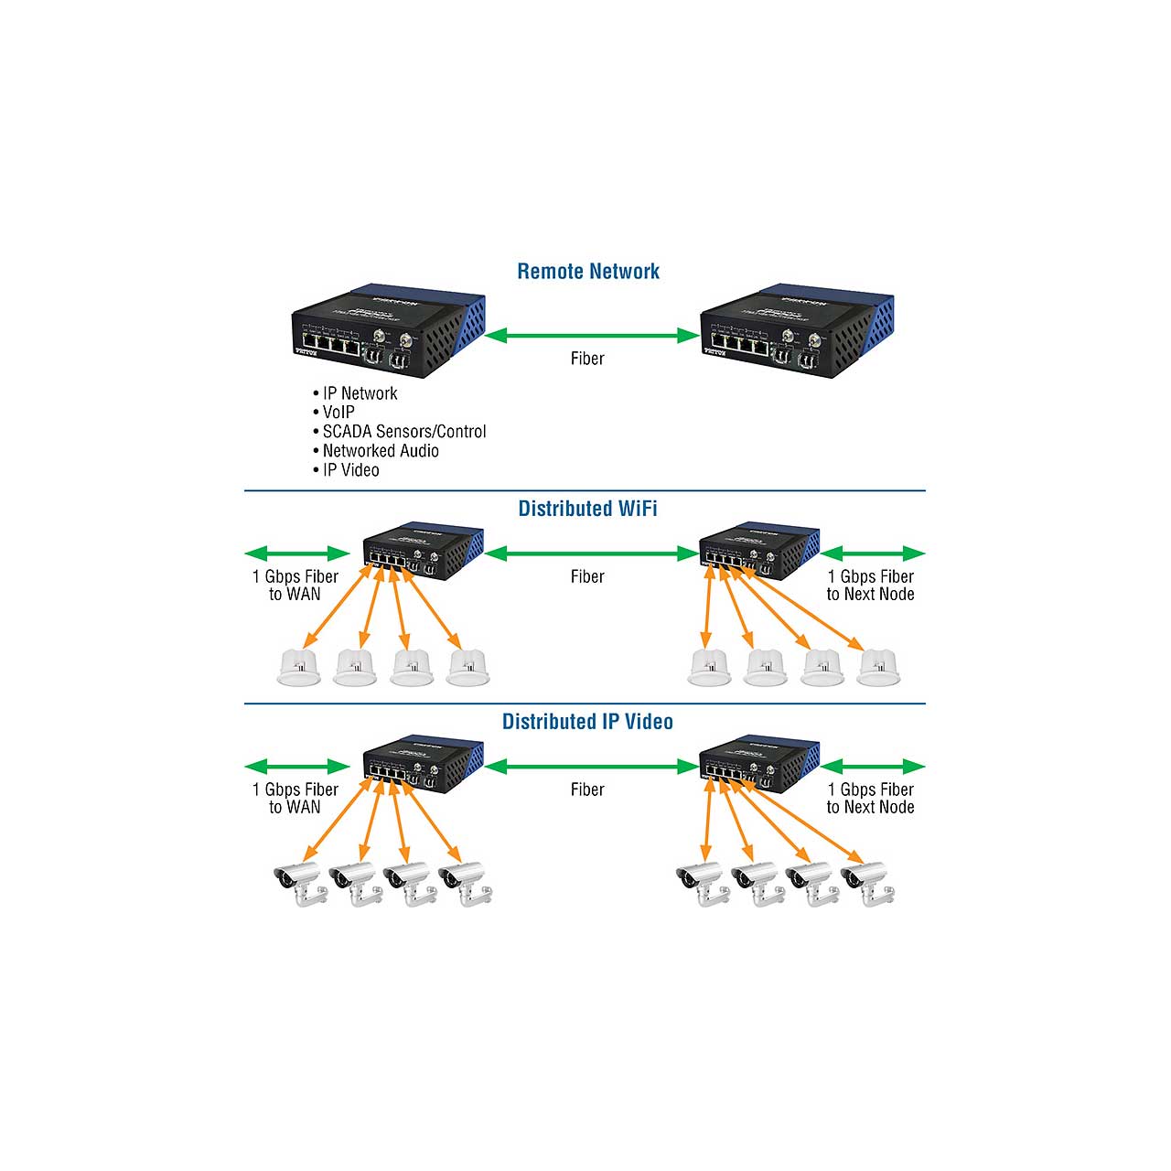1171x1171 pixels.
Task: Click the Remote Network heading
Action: click(588, 272)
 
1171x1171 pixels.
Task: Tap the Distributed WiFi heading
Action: click(587, 509)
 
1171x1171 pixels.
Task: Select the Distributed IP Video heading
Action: click(587, 722)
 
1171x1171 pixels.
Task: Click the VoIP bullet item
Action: click(338, 413)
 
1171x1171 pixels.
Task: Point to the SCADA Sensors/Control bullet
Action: click(403, 432)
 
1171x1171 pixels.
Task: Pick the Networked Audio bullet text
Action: click(380, 451)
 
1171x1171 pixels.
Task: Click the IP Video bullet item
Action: click(350, 470)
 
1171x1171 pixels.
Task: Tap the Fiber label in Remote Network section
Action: click(587, 359)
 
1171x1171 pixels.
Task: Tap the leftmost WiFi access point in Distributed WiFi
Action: click(298, 667)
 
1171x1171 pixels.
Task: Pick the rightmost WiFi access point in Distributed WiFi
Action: click(878, 667)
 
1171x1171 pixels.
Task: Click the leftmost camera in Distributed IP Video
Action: click(300, 882)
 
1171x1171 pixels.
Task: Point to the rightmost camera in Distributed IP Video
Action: click(867, 882)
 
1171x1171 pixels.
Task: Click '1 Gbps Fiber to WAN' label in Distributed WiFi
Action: click(295, 585)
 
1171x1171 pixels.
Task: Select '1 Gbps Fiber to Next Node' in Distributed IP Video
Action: click(870, 799)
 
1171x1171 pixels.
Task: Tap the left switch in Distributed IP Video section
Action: click(422, 763)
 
